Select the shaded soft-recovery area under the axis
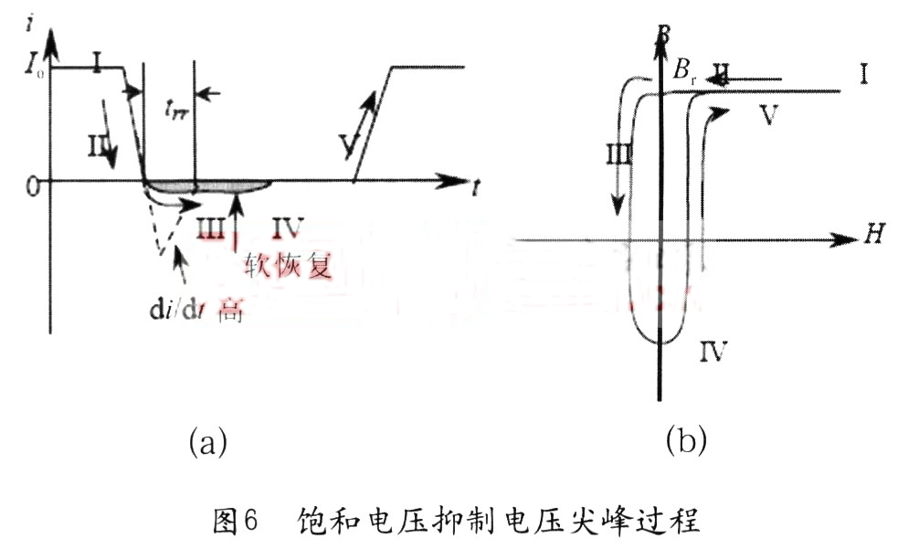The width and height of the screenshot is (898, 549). point(210,186)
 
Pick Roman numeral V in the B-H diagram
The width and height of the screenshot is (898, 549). point(768,116)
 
